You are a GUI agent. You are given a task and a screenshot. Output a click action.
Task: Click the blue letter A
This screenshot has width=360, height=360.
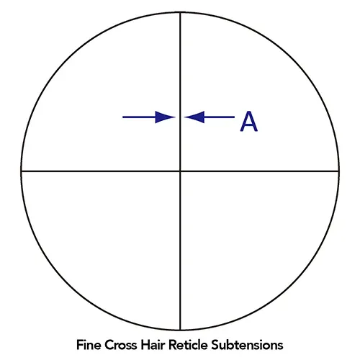249,121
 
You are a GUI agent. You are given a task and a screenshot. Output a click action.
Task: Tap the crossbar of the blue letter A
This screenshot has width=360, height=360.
249,125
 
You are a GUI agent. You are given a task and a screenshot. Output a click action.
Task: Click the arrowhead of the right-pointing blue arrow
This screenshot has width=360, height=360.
165,117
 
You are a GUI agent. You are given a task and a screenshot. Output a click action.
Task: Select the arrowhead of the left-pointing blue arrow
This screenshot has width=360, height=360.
194,117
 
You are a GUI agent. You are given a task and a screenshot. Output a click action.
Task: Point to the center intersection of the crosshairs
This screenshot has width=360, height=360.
180,171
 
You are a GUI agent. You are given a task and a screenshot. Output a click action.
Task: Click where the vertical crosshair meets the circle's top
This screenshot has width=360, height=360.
180,12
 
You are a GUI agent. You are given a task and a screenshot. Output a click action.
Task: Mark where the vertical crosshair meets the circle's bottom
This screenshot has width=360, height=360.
180,330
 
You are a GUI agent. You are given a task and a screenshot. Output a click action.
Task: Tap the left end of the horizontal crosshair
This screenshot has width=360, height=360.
21,171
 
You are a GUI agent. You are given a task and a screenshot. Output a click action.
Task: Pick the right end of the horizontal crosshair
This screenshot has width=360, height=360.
339,171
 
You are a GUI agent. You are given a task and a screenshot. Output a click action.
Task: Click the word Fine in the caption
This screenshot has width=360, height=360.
89,345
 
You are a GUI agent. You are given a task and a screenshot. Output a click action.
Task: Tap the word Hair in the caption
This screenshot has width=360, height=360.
153,345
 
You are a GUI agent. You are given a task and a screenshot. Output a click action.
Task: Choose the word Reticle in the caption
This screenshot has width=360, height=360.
188,345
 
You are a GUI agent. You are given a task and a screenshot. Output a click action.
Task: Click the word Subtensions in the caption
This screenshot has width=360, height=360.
247,345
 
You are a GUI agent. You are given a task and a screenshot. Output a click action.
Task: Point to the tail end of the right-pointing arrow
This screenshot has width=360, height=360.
122,117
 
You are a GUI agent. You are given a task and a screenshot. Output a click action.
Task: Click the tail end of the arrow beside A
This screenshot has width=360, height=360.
235,117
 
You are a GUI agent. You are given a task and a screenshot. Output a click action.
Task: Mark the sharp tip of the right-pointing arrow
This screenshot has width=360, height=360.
175,117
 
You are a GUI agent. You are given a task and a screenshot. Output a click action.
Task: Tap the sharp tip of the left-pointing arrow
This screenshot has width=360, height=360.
184,117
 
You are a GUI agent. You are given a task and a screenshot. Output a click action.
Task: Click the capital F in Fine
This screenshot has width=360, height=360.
80,345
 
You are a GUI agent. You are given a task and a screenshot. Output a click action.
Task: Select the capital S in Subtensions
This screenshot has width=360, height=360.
215,345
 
